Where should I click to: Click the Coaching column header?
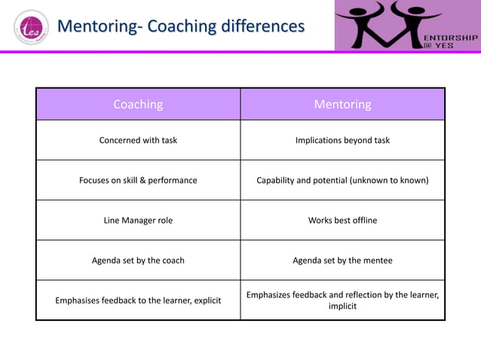138,104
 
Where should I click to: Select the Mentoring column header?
342,104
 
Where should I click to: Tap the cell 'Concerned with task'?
138,140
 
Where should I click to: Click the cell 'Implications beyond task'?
342,140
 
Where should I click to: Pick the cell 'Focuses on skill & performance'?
138,180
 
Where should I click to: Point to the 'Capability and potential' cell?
342,180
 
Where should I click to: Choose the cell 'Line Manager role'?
138,220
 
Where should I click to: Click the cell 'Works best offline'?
342,220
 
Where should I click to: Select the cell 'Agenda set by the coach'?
138,260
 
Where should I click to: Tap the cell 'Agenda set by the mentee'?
342,260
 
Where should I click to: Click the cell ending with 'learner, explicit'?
138,301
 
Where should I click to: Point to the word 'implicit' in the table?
342,307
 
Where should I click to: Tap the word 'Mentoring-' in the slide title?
100,26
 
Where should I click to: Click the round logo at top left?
29,27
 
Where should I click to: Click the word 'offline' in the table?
362,220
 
